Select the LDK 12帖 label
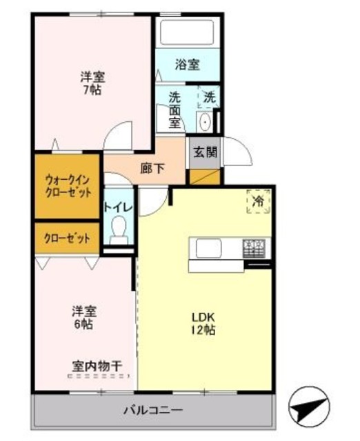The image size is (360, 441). [x=205, y=322]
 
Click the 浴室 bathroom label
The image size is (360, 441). [x=187, y=65]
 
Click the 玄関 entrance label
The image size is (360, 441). [x=205, y=152]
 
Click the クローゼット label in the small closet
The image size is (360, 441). [x=68, y=238]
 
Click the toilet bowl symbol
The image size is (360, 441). [x=119, y=228]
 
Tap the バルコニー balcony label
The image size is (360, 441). [x=153, y=411]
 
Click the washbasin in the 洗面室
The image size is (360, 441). [x=205, y=123]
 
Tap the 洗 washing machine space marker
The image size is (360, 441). [x=208, y=97]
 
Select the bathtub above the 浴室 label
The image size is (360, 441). [x=188, y=32]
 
